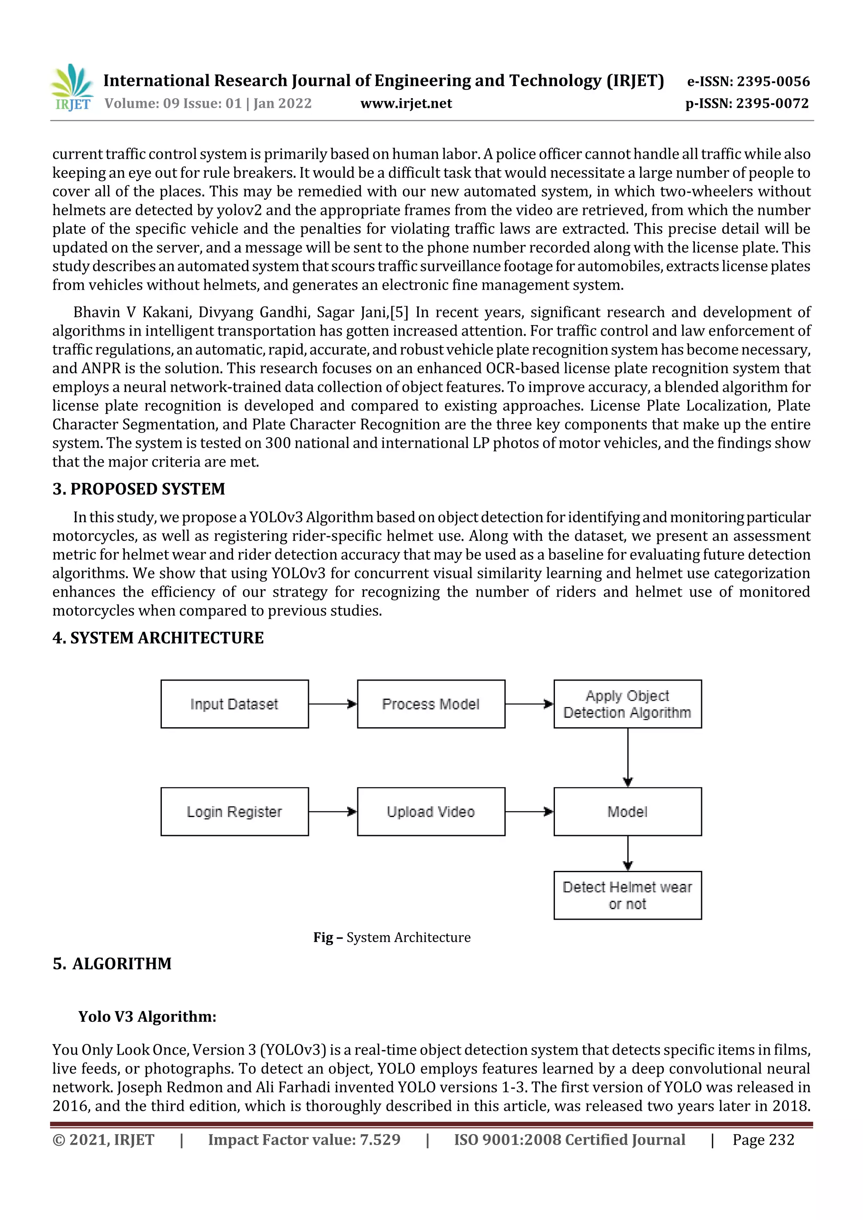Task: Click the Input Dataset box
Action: [x=234, y=704]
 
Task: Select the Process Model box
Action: [x=431, y=704]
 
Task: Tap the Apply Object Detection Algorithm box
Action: [x=627, y=704]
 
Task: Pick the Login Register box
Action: [x=234, y=812]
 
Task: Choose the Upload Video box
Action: [x=431, y=812]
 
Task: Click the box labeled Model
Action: [x=627, y=812]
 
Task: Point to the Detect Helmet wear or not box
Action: [x=627, y=895]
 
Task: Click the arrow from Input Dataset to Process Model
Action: [x=333, y=704]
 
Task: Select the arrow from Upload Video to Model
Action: [x=529, y=812]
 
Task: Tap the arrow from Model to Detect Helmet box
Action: [x=627, y=853]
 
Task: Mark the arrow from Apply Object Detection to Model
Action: [x=627, y=758]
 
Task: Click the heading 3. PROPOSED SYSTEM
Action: [x=139, y=489]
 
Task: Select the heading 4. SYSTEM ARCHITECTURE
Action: [x=158, y=638]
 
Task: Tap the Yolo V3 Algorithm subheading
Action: [x=147, y=1017]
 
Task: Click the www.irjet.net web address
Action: [x=406, y=104]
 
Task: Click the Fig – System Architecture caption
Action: [x=392, y=937]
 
